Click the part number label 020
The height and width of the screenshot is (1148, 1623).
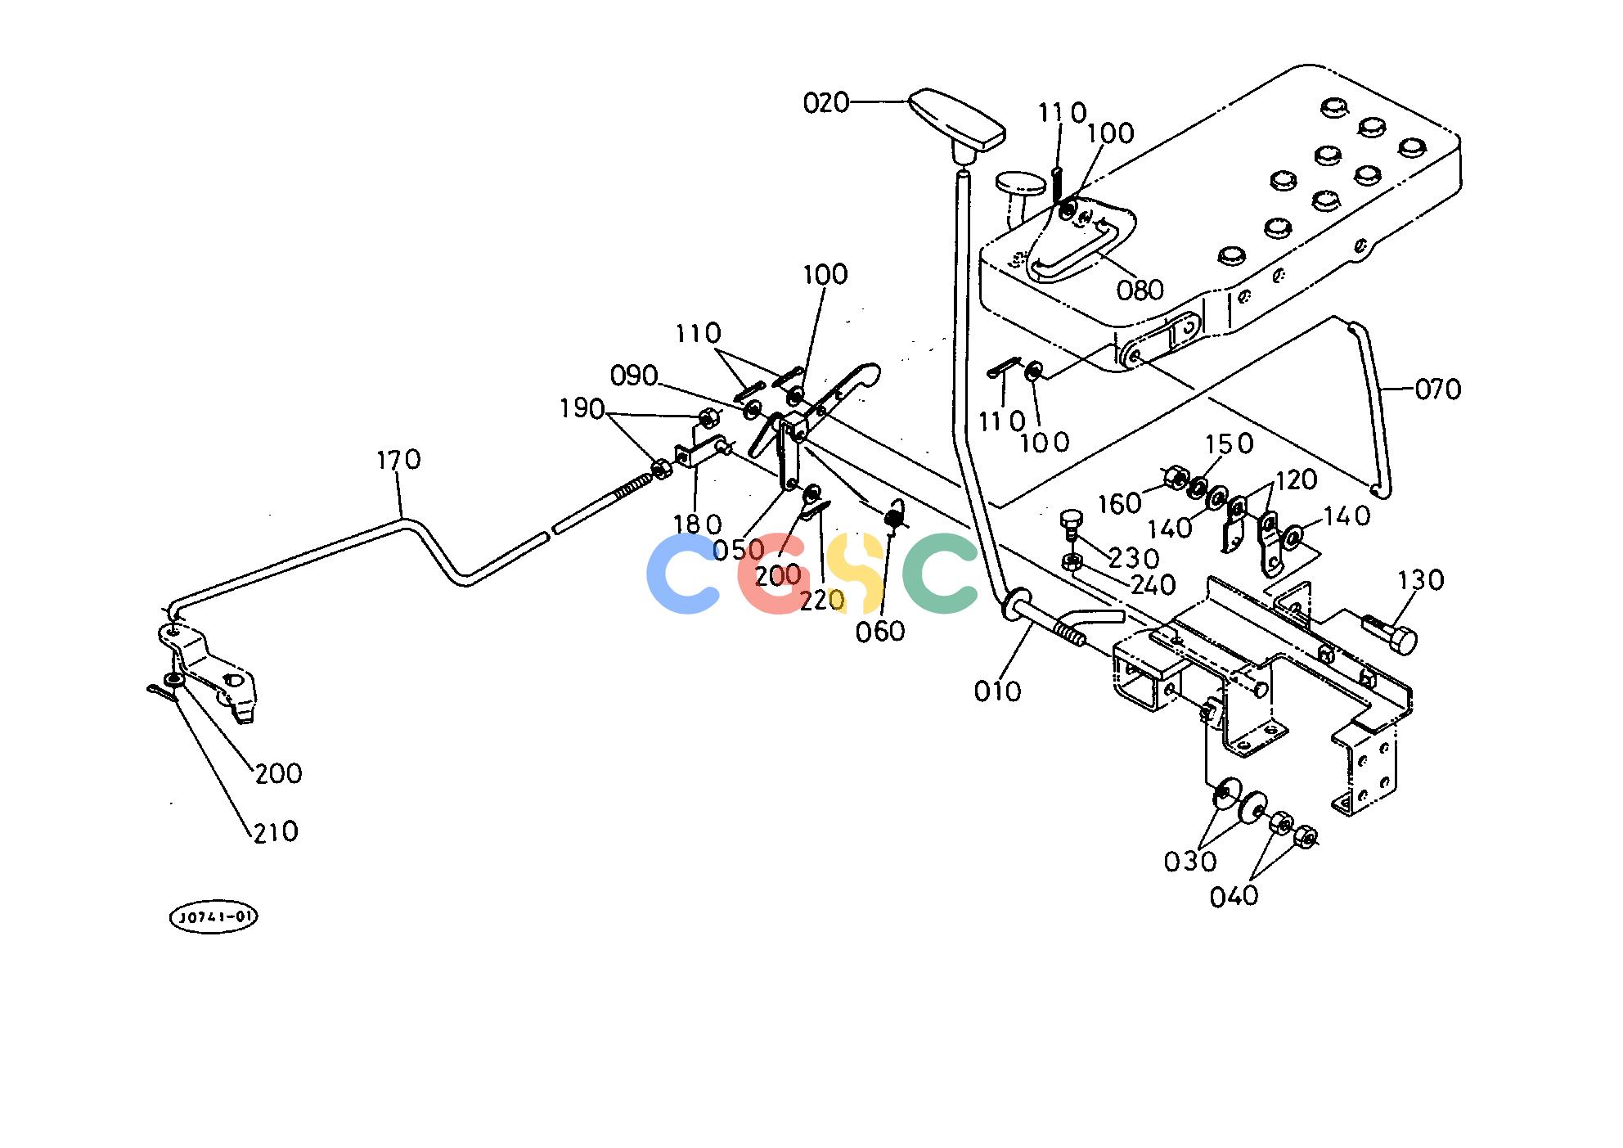click(826, 103)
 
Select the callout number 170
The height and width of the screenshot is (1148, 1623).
click(398, 460)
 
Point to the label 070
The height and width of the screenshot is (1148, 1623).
click(1437, 389)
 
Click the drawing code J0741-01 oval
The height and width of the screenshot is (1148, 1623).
click(214, 917)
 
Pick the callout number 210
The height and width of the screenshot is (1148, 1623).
click(276, 831)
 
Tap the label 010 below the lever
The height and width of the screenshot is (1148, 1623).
click(997, 691)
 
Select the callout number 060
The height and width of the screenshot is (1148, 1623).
click(880, 631)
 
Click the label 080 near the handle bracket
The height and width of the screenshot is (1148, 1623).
click(1140, 290)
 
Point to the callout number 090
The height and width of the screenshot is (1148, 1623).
click(634, 376)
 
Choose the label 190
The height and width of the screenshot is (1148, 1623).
click(582, 408)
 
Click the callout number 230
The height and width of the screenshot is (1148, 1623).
click(1134, 558)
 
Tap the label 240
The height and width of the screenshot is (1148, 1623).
click(1153, 585)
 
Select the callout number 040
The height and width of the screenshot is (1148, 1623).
click(1234, 897)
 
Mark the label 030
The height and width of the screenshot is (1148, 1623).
click(1190, 861)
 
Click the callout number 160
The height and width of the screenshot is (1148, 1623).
click(1119, 503)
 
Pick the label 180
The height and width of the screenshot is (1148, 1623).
click(697, 524)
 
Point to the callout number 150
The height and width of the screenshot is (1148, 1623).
click(1229, 443)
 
